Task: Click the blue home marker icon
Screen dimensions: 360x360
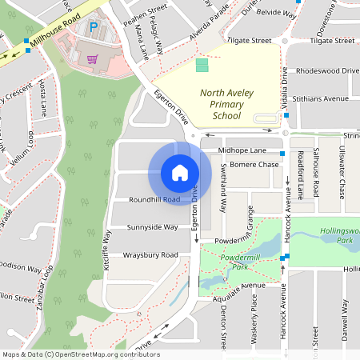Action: tap(180, 172)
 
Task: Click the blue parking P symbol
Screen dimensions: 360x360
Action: tap(93, 27)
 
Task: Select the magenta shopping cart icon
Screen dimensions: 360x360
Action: tap(93, 58)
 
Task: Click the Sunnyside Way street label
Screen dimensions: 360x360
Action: tap(153, 227)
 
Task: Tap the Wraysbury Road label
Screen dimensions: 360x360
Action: tap(150, 255)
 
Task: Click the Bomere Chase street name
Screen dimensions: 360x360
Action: tap(254, 165)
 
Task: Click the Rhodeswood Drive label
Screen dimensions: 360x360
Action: tap(326, 70)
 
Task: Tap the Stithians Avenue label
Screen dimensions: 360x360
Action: tap(321, 98)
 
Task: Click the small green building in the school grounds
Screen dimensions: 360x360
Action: tap(202, 64)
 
